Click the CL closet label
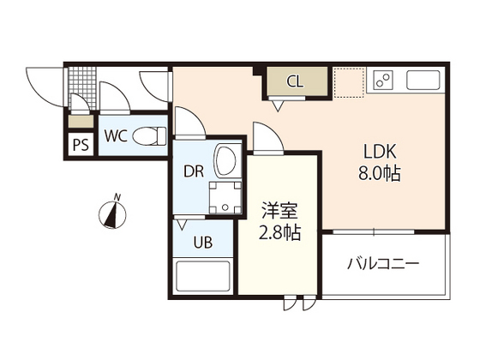tap(295, 82)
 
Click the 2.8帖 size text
tap(279, 232)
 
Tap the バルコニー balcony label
tap(383, 263)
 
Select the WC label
tap(117, 135)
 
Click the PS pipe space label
tap(81, 145)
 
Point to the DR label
tap(193, 170)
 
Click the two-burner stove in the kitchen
tap(381, 82)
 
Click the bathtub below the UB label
tap(204, 279)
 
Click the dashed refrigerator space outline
tap(348, 82)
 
